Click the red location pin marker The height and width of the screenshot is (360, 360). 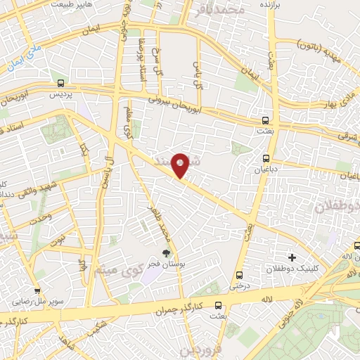coord(181,165)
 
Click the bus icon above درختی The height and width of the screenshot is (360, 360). coord(240,275)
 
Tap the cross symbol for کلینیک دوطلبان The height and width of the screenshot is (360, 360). coord(292,257)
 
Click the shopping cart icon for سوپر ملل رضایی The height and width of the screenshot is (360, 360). coord(37,291)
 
